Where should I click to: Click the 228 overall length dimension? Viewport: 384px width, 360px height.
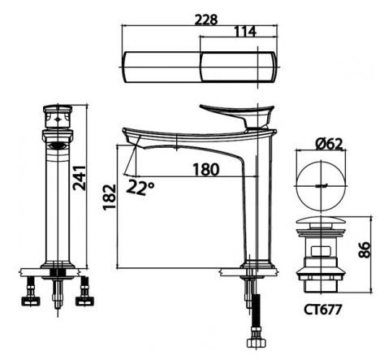click(x=206, y=20)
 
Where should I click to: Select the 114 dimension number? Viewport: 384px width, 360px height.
click(x=244, y=32)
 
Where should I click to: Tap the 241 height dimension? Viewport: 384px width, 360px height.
click(x=80, y=178)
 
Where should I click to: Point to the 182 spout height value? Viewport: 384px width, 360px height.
click(x=110, y=197)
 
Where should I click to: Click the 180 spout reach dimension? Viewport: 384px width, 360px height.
click(x=206, y=170)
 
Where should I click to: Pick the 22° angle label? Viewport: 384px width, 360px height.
click(x=140, y=187)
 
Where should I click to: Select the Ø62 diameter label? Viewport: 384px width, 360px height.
click(x=329, y=144)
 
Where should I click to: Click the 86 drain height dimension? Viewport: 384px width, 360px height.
click(x=364, y=249)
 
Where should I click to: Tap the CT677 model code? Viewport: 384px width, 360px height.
click(x=322, y=310)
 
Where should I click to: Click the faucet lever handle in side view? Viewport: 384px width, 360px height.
click(x=238, y=114)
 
